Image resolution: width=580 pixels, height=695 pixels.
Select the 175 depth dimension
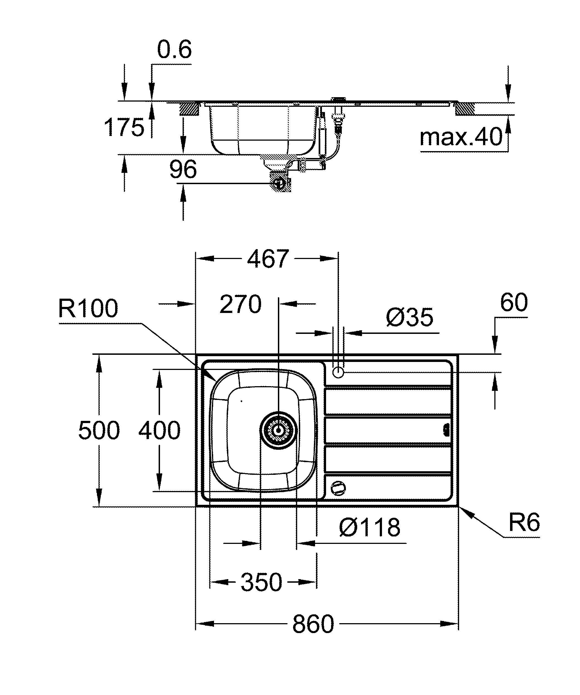124,127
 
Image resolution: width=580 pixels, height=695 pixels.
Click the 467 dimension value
268,259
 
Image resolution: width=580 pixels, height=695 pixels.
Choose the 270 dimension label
240,304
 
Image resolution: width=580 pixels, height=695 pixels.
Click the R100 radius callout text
88,309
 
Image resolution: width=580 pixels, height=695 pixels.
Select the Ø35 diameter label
409,317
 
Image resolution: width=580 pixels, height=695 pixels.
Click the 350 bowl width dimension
261,582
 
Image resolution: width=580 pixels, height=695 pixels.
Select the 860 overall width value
313,625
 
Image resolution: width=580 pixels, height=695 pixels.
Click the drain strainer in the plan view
278,430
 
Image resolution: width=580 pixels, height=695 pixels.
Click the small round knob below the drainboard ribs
338,488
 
